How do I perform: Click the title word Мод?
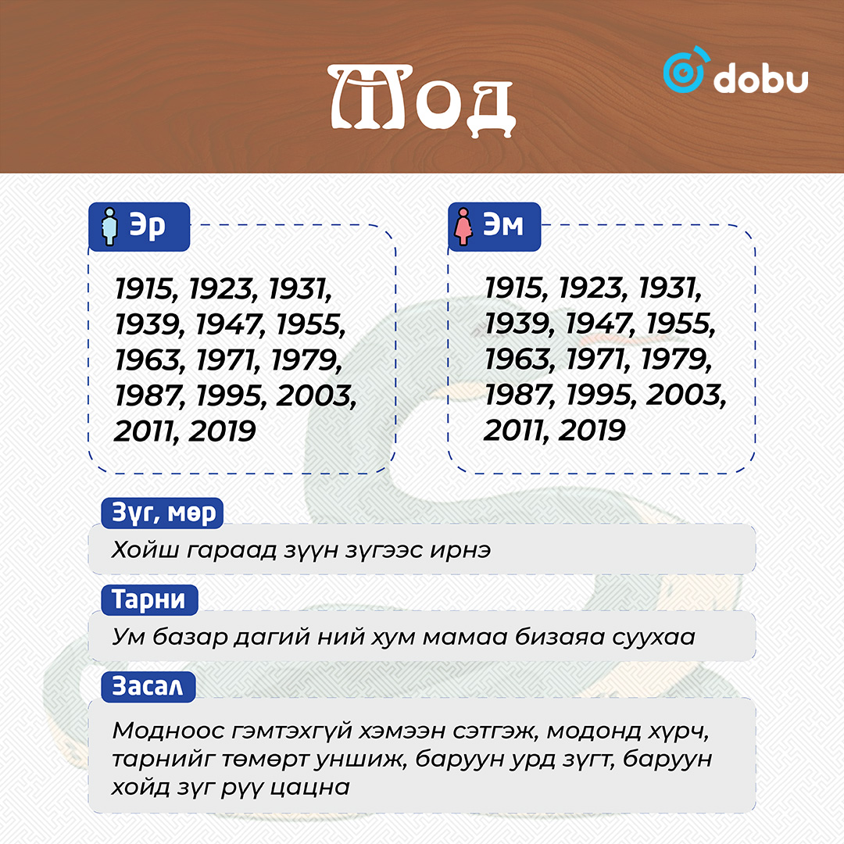(x=421, y=99)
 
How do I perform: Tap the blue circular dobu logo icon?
(x=685, y=70)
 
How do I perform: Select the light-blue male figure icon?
(x=110, y=227)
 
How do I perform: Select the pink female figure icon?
(x=463, y=227)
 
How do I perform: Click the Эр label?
(x=147, y=225)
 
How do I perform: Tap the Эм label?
(x=502, y=224)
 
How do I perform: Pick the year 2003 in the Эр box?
(x=316, y=395)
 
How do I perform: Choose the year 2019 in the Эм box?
(x=592, y=431)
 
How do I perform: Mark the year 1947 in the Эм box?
(x=599, y=324)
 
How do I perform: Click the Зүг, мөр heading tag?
(x=163, y=513)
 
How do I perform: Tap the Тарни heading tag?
(x=149, y=599)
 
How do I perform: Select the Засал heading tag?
(x=148, y=686)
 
